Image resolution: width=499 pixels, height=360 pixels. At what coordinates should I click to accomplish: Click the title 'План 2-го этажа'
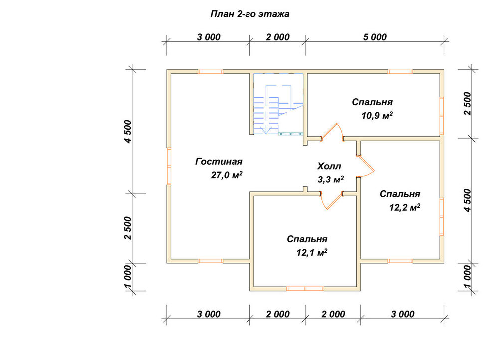pyautogui.click(x=250, y=14)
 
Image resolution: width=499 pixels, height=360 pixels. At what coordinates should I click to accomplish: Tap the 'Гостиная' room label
pyautogui.click(x=219, y=162)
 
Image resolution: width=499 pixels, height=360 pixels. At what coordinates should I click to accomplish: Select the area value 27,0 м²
pyautogui.click(x=227, y=175)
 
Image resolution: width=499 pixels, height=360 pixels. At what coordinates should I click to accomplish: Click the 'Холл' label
pyautogui.click(x=329, y=166)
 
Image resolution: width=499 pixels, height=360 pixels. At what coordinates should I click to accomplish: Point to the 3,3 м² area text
pyautogui.click(x=331, y=180)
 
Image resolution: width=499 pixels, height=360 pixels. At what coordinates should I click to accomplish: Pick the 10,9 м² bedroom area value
pyautogui.click(x=377, y=115)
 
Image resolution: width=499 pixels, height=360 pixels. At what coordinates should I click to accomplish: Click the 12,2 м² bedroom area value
pyautogui.click(x=405, y=207)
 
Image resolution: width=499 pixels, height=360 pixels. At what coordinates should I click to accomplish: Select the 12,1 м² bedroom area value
pyautogui.click(x=312, y=252)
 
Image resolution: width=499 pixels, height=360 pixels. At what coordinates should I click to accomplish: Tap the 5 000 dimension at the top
pyautogui.click(x=375, y=37)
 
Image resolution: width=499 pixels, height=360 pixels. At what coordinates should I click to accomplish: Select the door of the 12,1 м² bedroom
pyautogui.click(x=332, y=200)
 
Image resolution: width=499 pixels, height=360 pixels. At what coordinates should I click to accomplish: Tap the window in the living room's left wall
pyautogui.click(x=169, y=166)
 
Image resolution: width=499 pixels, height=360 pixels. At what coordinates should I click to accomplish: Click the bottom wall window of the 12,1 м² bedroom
pyautogui.click(x=305, y=289)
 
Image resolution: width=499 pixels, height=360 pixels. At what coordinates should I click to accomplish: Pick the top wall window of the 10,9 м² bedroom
pyautogui.click(x=400, y=72)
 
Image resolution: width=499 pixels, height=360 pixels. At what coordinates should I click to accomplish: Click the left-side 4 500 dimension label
pyautogui.click(x=128, y=131)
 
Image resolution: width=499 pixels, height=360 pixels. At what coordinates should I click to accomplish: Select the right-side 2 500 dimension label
pyautogui.click(x=467, y=103)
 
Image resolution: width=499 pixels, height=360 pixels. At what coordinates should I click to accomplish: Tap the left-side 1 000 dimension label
pyautogui.click(x=128, y=277)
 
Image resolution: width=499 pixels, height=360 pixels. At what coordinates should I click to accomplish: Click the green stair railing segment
pyautogui.click(x=290, y=134)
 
